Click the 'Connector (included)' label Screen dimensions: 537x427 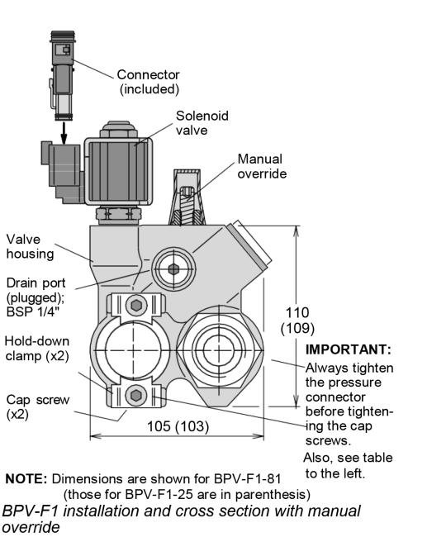point(148,81)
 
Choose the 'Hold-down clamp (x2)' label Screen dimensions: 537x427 point(37,348)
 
